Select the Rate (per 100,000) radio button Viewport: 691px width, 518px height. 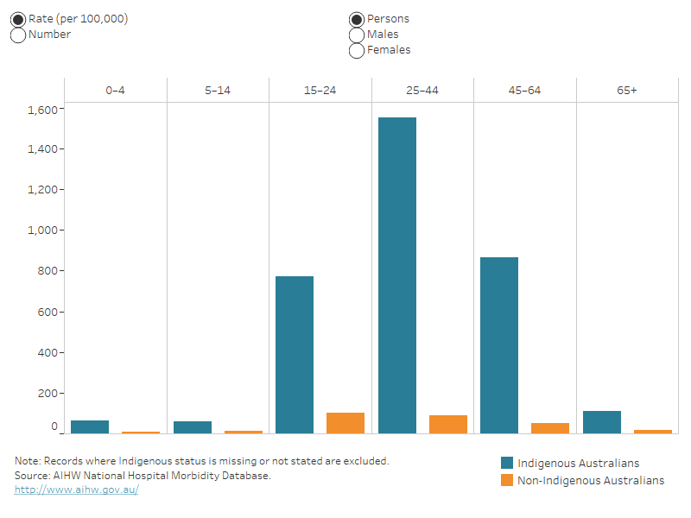[x=18, y=19]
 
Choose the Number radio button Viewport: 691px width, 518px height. [x=18, y=35]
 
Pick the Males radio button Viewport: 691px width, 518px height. [x=357, y=35]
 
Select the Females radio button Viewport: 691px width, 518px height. [x=357, y=50]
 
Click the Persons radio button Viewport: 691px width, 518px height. [x=357, y=19]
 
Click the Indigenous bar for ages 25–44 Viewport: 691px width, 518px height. [x=397, y=276]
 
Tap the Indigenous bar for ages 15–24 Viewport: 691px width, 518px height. [x=295, y=355]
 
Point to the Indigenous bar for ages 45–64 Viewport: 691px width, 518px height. [x=499, y=345]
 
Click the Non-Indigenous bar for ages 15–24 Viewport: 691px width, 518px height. [x=345, y=423]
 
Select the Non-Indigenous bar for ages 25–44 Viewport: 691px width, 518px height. [x=448, y=424]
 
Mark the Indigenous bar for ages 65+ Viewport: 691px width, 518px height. [x=602, y=422]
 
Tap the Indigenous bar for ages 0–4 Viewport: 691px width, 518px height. [x=90, y=426]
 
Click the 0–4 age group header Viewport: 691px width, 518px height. [x=115, y=91]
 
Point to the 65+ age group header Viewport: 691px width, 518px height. [x=627, y=91]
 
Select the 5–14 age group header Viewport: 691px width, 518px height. [x=218, y=91]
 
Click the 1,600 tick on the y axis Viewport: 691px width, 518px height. [x=42, y=110]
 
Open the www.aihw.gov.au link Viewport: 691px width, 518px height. [x=76, y=490]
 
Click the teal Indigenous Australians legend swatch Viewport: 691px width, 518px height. [x=507, y=463]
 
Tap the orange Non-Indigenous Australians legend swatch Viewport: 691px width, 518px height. [x=507, y=480]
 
